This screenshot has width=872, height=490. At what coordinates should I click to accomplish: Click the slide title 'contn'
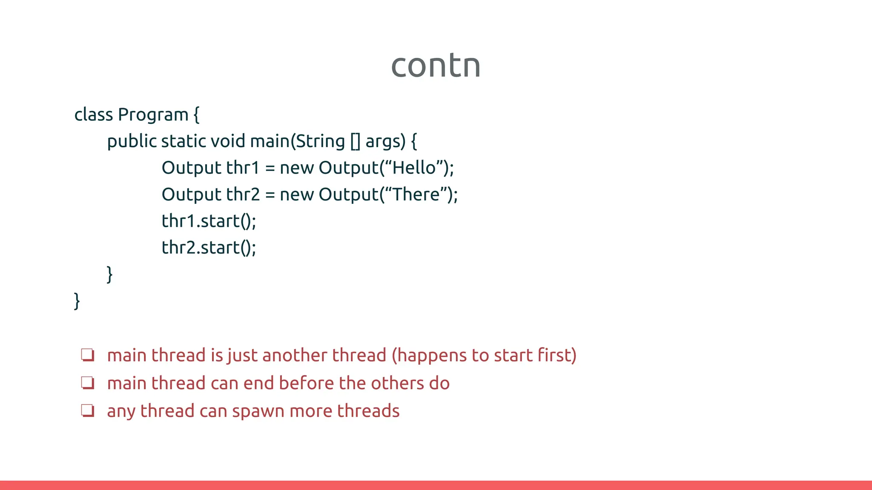point(436,66)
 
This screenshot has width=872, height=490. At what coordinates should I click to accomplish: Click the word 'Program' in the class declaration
point(153,115)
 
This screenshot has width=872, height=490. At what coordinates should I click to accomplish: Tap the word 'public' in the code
point(132,142)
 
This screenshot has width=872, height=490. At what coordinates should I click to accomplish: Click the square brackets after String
point(355,142)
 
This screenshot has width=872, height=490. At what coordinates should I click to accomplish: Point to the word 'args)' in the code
point(385,142)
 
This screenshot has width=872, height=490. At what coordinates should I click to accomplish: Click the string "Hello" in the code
point(414,168)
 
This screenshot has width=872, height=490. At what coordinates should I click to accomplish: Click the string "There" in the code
point(416,195)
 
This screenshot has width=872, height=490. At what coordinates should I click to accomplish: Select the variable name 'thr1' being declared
point(243,168)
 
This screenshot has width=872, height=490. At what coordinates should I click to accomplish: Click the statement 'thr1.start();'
point(209,221)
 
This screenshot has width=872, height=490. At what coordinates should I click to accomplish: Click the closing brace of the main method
point(110,274)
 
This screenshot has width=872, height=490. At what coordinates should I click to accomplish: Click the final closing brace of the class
point(77,301)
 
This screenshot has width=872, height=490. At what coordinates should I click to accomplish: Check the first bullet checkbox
point(88,355)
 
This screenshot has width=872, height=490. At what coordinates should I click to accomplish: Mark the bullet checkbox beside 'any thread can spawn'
point(88,410)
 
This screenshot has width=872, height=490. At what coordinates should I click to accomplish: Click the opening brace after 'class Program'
point(196,115)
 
